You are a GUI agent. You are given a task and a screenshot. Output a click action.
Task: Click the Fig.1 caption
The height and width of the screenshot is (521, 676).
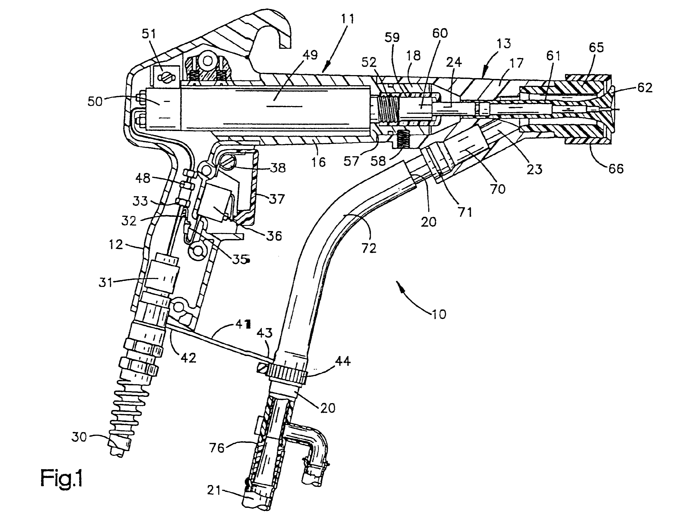pos(62,478)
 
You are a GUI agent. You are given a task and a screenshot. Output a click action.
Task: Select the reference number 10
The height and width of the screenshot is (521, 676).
pos(439,314)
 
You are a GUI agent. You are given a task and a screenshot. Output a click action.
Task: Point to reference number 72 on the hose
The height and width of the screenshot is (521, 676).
pos(368,248)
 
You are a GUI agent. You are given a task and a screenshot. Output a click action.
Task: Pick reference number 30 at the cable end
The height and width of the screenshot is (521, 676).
pos(79,437)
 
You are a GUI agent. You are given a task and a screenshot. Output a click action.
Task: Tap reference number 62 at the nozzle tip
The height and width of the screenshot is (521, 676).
pos(645,87)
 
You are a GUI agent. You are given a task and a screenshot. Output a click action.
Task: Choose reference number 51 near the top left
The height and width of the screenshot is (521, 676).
pos(149,33)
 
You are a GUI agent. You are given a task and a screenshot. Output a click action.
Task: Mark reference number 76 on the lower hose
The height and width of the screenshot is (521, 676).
pos(216,448)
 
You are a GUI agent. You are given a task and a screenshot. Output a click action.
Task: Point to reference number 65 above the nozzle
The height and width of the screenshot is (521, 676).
pos(596,47)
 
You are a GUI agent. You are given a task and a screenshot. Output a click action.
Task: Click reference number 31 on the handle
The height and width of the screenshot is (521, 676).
pos(106,283)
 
